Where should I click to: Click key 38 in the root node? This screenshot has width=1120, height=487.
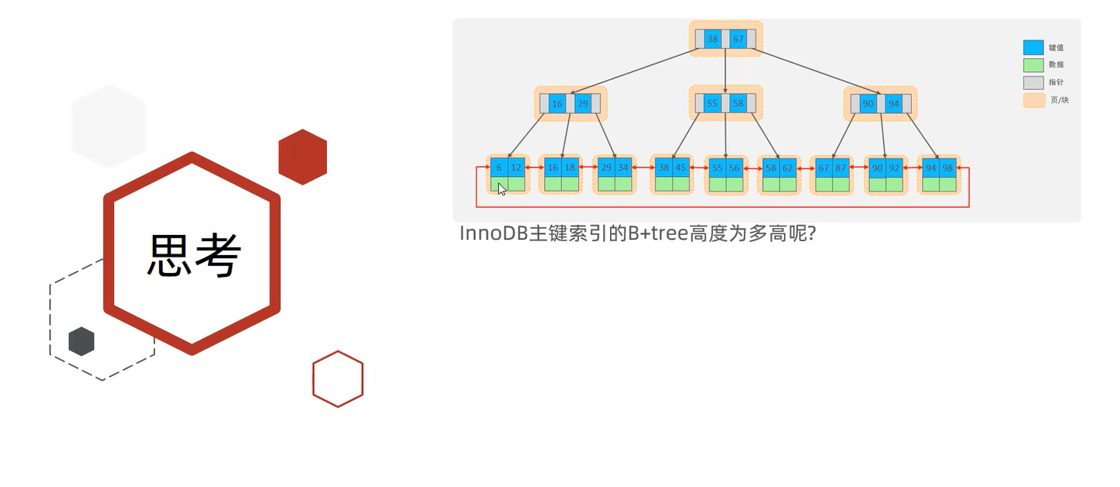(713, 39)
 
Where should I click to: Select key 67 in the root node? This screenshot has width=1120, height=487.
(738, 39)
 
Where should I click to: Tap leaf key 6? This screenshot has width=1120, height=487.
(499, 168)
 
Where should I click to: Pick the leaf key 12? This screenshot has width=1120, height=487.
(516, 168)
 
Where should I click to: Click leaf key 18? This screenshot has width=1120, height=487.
(570, 168)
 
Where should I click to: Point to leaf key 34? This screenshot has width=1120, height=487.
(623, 168)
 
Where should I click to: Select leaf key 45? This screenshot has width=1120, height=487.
(681, 168)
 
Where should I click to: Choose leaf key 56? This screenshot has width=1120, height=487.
(734, 168)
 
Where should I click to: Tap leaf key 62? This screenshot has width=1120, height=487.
(788, 168)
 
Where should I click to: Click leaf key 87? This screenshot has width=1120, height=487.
(841, 168)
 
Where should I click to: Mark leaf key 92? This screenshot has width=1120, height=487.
(894, 168)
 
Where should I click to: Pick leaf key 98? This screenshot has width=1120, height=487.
(948, 168)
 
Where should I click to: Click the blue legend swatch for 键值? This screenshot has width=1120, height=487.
(1033, 47)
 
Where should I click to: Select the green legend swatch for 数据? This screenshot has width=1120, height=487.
(1033, 65)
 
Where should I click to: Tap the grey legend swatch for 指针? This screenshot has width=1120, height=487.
(1033, 82)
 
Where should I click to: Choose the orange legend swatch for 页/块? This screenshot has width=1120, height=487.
(1033, 100)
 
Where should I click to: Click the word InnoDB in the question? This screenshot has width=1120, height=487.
(493, 233)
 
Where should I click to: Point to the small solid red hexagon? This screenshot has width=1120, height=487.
(303, 157)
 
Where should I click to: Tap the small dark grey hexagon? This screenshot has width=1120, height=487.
(81, 341)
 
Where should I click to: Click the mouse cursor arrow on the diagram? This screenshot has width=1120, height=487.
(501, 188)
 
